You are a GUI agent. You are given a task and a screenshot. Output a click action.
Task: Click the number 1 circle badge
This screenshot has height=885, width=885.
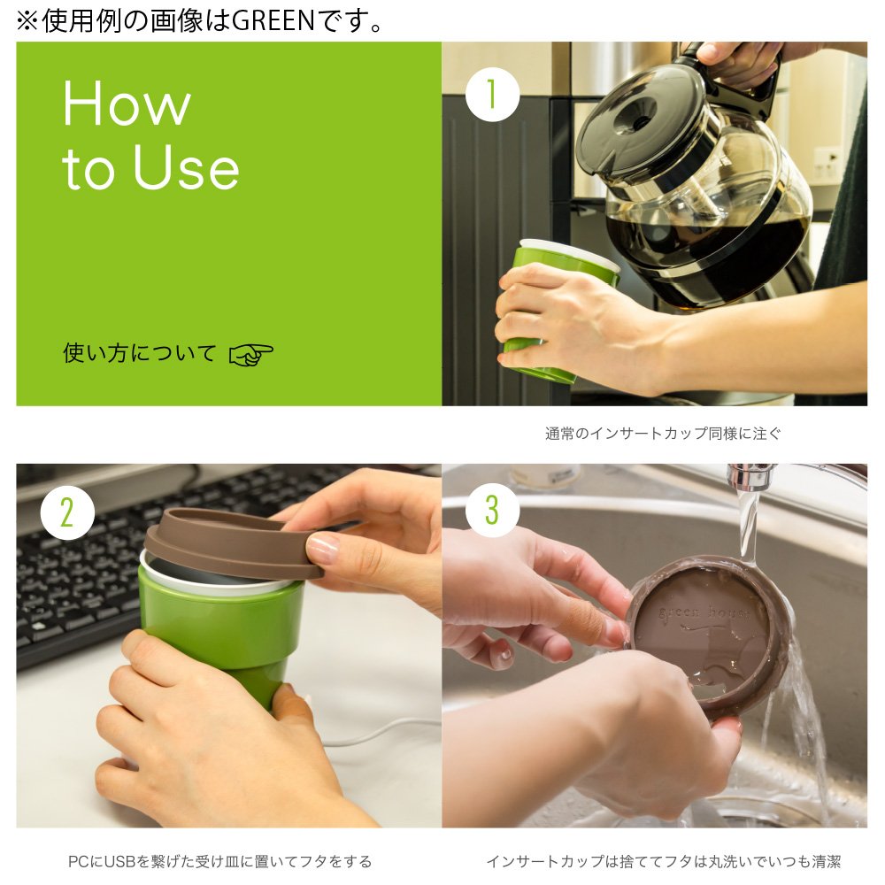point(492,95)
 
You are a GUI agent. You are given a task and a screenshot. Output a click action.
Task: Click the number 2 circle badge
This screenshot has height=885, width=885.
point(67,513)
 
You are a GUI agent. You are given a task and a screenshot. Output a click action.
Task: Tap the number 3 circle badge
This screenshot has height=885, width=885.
point(492,510)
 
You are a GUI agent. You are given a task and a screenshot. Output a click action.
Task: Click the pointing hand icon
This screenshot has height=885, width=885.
point(250,355)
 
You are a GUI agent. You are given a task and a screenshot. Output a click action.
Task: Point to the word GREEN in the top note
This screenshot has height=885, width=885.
point(273,21)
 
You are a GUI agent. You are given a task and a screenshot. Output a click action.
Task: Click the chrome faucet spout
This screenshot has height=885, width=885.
point(750,478)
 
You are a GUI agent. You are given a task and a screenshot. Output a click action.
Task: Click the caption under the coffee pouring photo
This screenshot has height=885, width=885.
point(663,434)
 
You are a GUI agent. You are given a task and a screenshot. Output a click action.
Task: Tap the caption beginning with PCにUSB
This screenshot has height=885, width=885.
point(219,861)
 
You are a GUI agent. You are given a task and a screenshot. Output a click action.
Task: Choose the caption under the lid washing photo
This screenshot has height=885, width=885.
point(663,861)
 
